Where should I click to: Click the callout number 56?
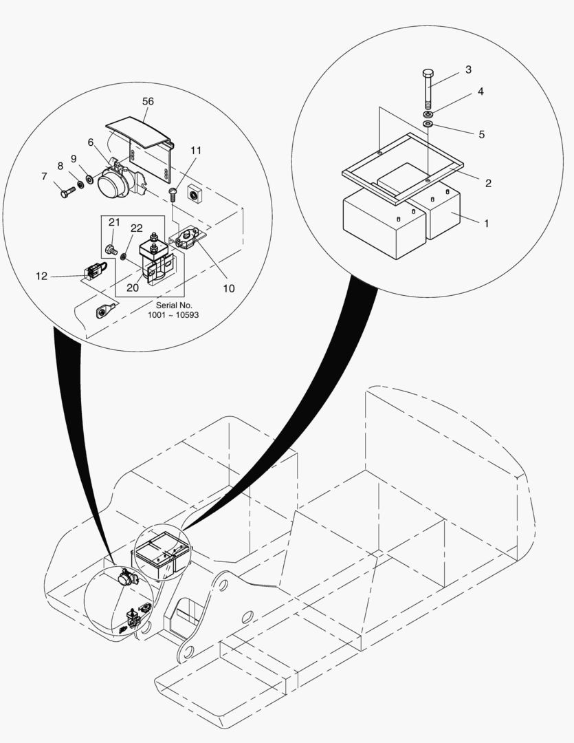(148, 101)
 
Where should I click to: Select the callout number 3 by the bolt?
(468, 69)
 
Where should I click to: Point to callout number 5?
(481, 134)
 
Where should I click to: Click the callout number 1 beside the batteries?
(487, 224)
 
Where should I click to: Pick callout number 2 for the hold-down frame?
(488, 183)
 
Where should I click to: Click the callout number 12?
(42, 277)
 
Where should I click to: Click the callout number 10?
(229, 288)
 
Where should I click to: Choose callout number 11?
(197, 150)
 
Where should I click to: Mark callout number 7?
(44, 177)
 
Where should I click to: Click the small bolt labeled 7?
(66, 194)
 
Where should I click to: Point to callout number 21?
(114, 222)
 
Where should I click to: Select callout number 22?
(136, 228)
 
